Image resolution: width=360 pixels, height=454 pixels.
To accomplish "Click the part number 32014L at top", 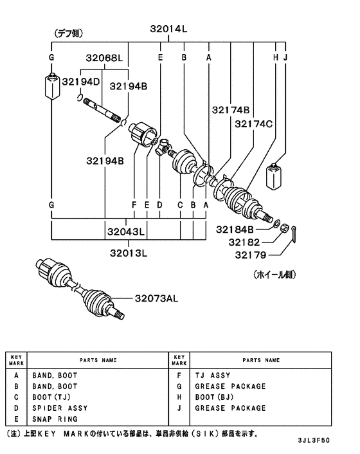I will click(x=168, y=28).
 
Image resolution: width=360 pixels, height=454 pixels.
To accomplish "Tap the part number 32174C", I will click(x=253, y=123).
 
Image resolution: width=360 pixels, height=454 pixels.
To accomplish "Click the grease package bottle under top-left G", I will click(x=50, y=87).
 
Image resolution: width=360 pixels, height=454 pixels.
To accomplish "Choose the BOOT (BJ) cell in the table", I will click(x=217, y=397).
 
